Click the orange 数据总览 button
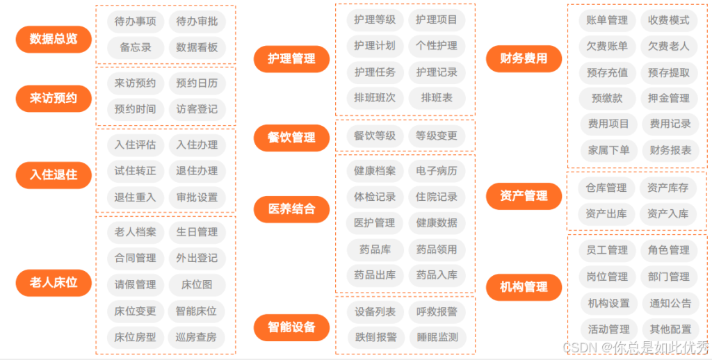click(x=54, y=39)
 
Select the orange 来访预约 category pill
click(x=54, y=99)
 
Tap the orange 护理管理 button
click(x=291, y=59)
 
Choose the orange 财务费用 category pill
click(x=524, y=58)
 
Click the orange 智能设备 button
click(x=291, y=327)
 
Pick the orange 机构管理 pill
click(x=524, y=286)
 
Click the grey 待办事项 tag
click(x=136, y=22)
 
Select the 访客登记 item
click(x=197, y=109)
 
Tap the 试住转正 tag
click(x=136, y=171)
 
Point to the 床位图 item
click(x=197, y=284)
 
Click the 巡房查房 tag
click(x=197, y=338)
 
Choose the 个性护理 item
click(x=437, y=46)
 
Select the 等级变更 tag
click(x=437, y=136)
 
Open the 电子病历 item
click(x=437, y=171)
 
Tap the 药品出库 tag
click(x=375, y=275)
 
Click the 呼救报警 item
click(x=437, y=312)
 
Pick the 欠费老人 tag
click(x=669, y=46)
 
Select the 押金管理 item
click(x=669, y=98)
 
